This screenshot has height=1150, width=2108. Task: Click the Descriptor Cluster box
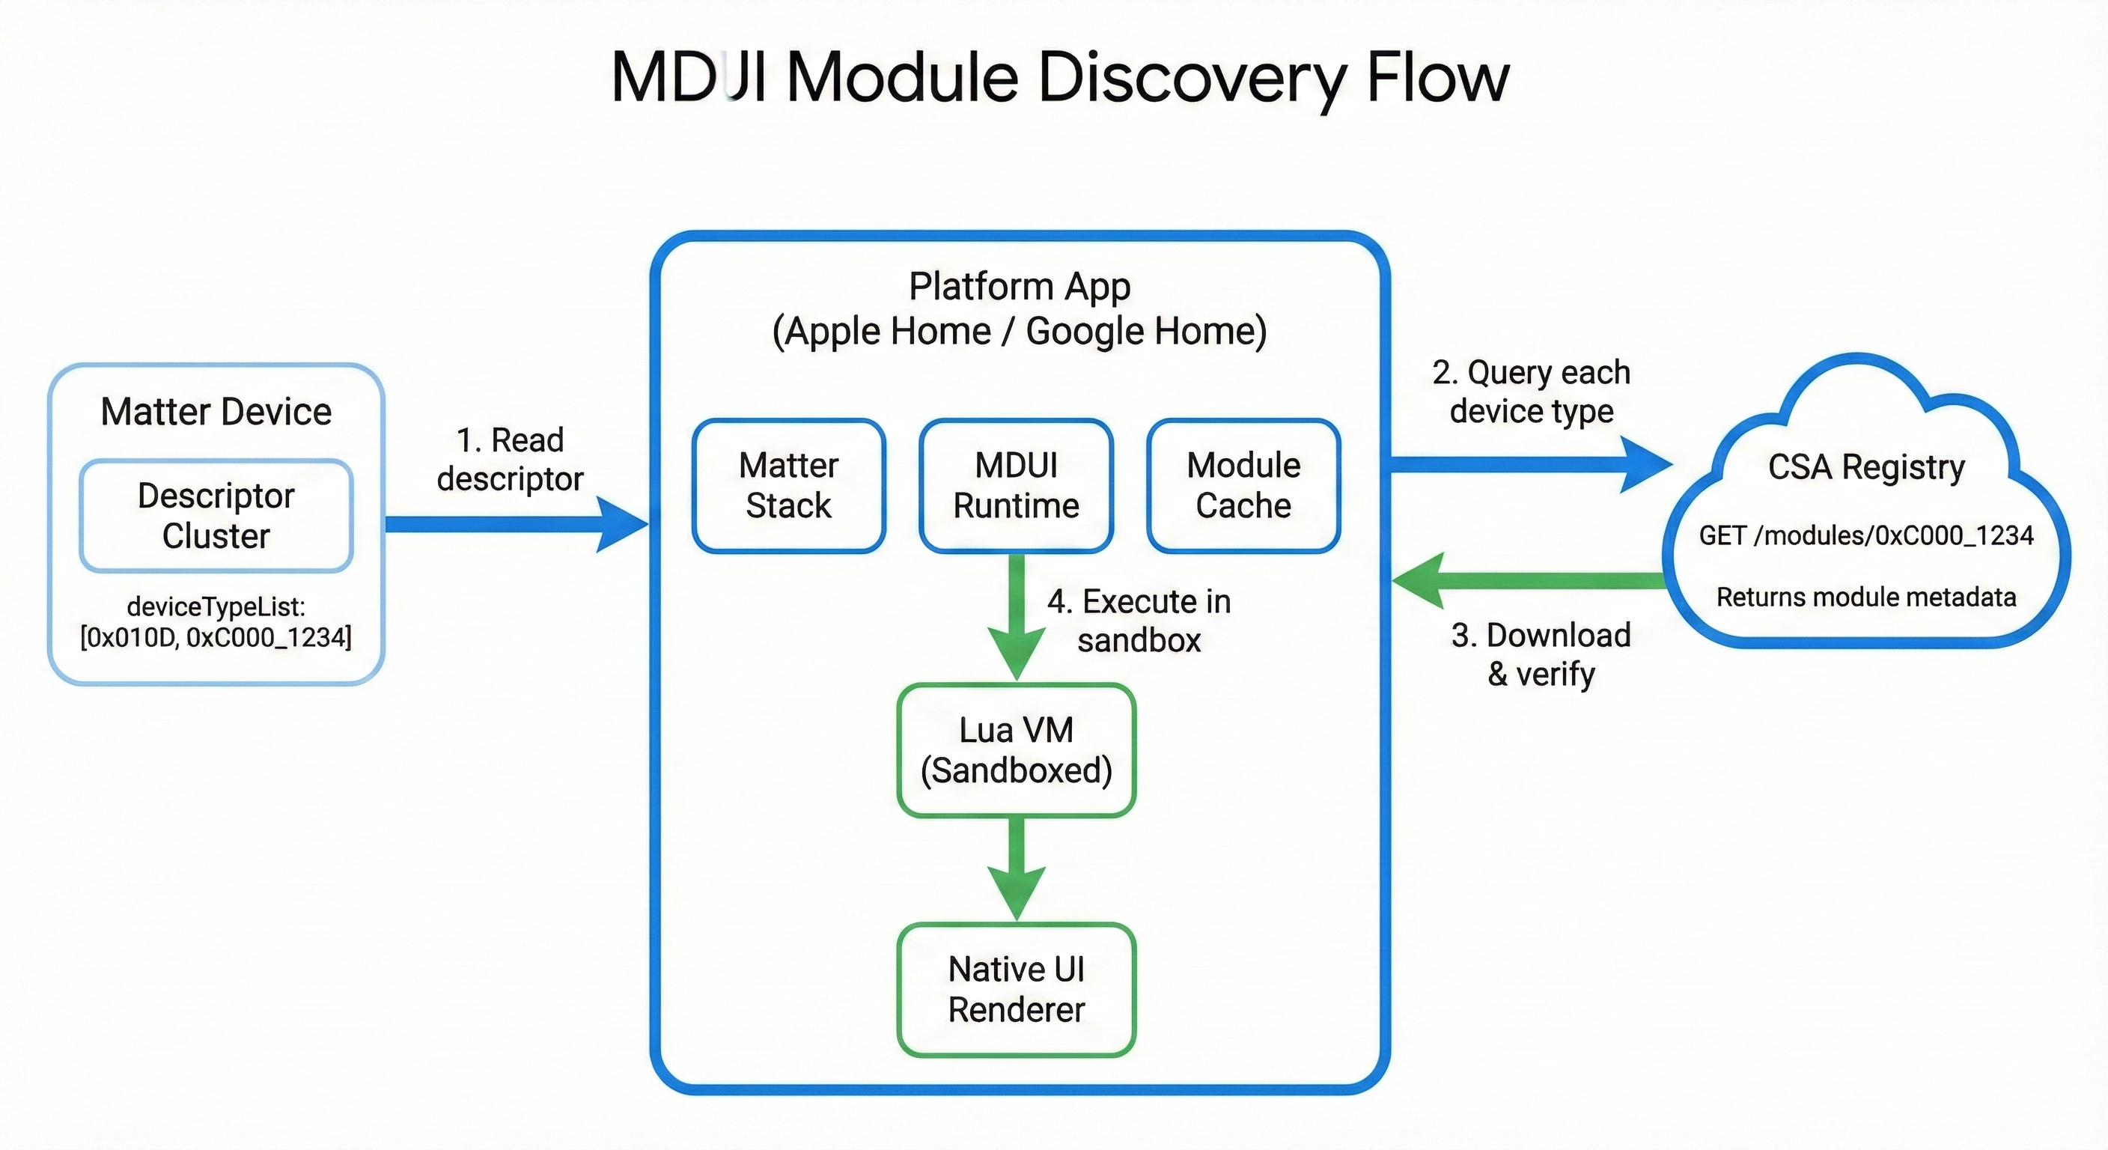pyautogui.click(x=216, y=516)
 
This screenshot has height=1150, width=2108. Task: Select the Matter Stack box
pyautogui.click(x=789, y=485)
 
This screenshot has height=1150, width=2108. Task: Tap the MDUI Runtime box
pyautogui.click(x=1016, y=485)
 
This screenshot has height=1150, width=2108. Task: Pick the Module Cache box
pyautogui.click(x=1243, y=485)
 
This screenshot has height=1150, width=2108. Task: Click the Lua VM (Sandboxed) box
pyautogui.click(x=1017, y=749)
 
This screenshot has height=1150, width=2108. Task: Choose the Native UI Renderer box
pyautogui.click(x=1017, y=990)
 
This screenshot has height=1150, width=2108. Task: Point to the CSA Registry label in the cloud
pyautogui.click(x=1865, y=466)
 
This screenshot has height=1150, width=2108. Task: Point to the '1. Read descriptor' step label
pyautogui.click(x=510, y=459)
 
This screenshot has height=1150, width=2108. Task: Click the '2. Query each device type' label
pyautogui.click(x=1531, y=392)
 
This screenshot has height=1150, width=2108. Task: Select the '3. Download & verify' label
pyautogui.click(x=1541, y=654)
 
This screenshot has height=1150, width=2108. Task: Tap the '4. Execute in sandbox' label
pyautogui.click(x=1139, y=621)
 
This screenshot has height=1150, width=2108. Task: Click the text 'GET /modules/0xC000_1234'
pyautogui.click(x=1865, y=535)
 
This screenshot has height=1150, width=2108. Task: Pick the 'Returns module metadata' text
pyautogui.click(x=1865, y=597)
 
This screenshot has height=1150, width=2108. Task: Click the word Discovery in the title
pyautogui.click(x=1191, y=78)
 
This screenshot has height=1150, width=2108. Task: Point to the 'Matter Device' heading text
pyautogui.click(x=216, y=411)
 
